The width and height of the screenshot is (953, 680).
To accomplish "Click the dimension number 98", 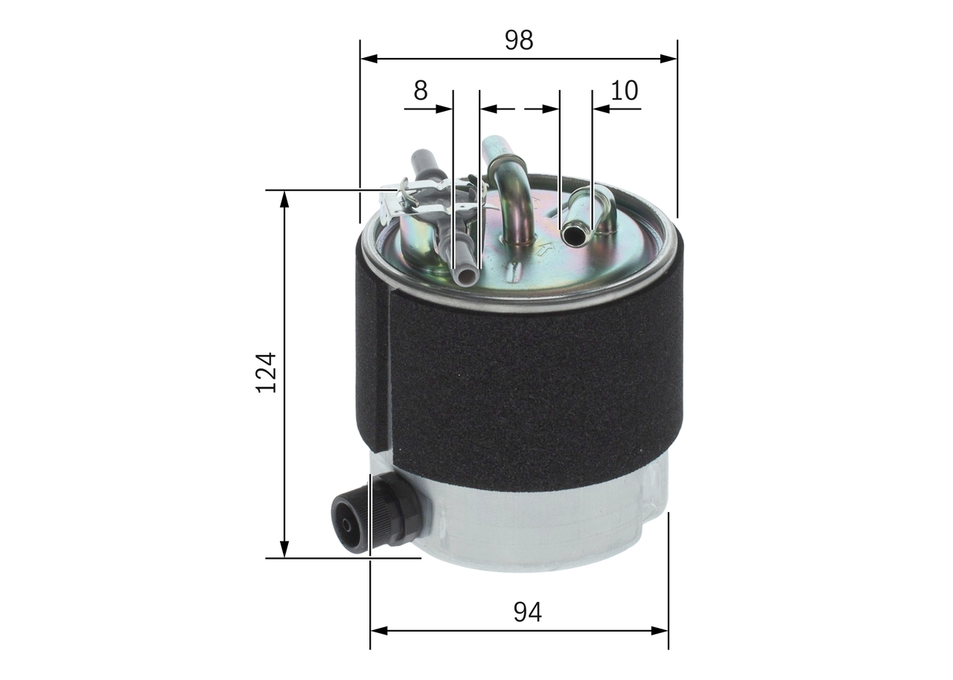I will [x=518, y=40].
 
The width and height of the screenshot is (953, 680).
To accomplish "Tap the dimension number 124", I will [x=266, y=372].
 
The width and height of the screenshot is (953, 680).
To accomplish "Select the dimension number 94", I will [x=527, y=612].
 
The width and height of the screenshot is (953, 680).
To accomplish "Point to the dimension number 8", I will [x=421, y=91].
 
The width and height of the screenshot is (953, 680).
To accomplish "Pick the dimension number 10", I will [x=624, y=91].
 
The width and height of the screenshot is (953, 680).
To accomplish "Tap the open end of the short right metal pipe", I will [x=574, y=236].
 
